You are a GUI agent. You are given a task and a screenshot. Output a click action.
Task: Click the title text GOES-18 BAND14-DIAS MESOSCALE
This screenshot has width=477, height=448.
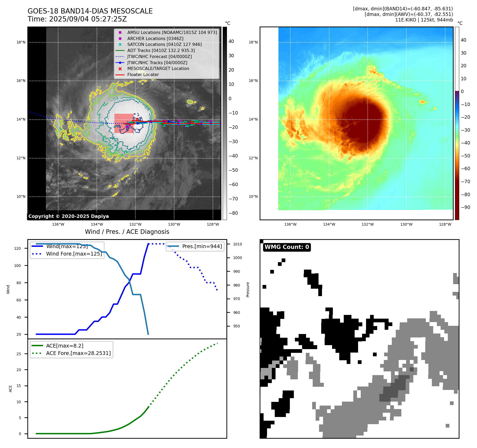(90, 11)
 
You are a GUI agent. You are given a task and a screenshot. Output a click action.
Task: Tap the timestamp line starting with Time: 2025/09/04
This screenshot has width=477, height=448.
(77, 19)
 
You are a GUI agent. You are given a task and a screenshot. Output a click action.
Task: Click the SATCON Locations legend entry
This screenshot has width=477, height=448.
(164, 45)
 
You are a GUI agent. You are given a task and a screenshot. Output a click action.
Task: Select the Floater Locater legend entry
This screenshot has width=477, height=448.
(143, 75)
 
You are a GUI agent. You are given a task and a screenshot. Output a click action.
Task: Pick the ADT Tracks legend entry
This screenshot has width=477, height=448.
(161, 50)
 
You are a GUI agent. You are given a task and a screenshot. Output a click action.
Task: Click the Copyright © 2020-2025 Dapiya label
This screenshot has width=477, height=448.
(68, 216)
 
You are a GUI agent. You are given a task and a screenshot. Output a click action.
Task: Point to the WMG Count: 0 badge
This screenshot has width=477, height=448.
(287, 247)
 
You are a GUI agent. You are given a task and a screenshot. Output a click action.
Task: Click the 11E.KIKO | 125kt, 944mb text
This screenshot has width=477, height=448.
(424, 20)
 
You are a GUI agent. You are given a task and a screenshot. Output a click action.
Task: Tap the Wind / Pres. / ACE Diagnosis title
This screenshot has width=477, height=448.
(127, 232)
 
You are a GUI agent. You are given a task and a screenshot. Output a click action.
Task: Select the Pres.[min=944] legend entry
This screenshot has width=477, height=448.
(202, 246)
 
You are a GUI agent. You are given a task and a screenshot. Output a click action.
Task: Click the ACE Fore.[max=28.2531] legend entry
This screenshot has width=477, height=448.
(78, 353)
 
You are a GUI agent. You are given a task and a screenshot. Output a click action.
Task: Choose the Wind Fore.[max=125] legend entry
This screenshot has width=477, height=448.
(74, 254)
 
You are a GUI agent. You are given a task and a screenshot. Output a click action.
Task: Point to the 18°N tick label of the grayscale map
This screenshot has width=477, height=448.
(21, 42)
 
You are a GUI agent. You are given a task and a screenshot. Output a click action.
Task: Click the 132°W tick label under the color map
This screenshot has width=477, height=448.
(368, 224)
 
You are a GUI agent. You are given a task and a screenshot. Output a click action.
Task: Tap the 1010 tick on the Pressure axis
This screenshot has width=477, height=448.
(238, 244)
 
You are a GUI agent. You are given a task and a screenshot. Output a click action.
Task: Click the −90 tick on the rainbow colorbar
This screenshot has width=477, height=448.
(466, 207)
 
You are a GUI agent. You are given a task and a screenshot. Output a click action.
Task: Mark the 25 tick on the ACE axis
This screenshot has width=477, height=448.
(19, 354)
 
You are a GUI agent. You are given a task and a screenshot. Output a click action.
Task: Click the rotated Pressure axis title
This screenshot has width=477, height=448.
(248, 289)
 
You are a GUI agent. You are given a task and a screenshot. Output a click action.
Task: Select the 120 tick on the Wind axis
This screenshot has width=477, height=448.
(18, 248)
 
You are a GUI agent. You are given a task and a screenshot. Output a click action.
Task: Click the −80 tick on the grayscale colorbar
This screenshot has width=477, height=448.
(233, 213)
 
